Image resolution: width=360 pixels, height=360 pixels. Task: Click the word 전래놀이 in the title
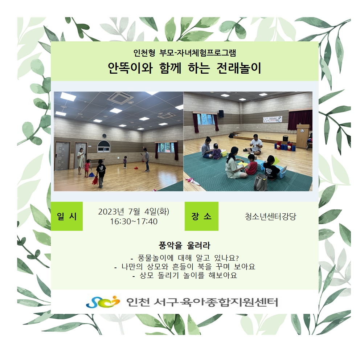pyautogui.click(x=239, y=68)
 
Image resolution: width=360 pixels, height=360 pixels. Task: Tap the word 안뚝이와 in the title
pyautogui.click(x=130, y=68)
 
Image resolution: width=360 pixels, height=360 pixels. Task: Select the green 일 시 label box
pyautogui.click(x=66, y=216)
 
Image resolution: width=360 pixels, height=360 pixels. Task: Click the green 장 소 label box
pyautogui.click(x=201, y=216)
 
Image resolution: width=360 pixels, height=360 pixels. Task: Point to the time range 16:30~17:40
pyautogui.click(x=134, y=222)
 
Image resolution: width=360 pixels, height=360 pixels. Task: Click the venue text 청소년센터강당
pyautogui.click(x=270, y=217)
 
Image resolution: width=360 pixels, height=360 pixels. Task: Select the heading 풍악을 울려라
pyautogui.click(x=184, y=245)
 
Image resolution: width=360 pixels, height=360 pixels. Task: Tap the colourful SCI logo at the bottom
pyautogui.click(x=103, y=302)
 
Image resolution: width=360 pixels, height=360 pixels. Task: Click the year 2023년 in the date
pyautogui.click(x=111, y=212)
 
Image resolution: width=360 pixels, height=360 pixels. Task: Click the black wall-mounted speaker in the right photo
pyautogui.click(x=221, y=114)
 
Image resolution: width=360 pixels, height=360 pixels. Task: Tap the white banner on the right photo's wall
pyautogui.click(x=273, y=119)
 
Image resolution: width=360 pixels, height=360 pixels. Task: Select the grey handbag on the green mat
pyautogui.click(x=261, y=182)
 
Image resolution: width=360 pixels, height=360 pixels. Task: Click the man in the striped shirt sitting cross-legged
pyautogui.click(x=254, y=145)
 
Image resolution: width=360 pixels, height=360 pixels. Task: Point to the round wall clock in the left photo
pyautogui.click(x=104, y=136)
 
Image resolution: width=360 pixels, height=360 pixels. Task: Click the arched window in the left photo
pyautogui.click(x=104, y=147)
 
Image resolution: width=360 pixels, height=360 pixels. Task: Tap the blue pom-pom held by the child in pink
pyautogui.click(x=91, y=175)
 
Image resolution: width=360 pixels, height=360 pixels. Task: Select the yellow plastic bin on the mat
pyautogui.click(x=224, y=153)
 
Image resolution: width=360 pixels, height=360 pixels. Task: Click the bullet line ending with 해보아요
pyautogui.click(x=185, y=275)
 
